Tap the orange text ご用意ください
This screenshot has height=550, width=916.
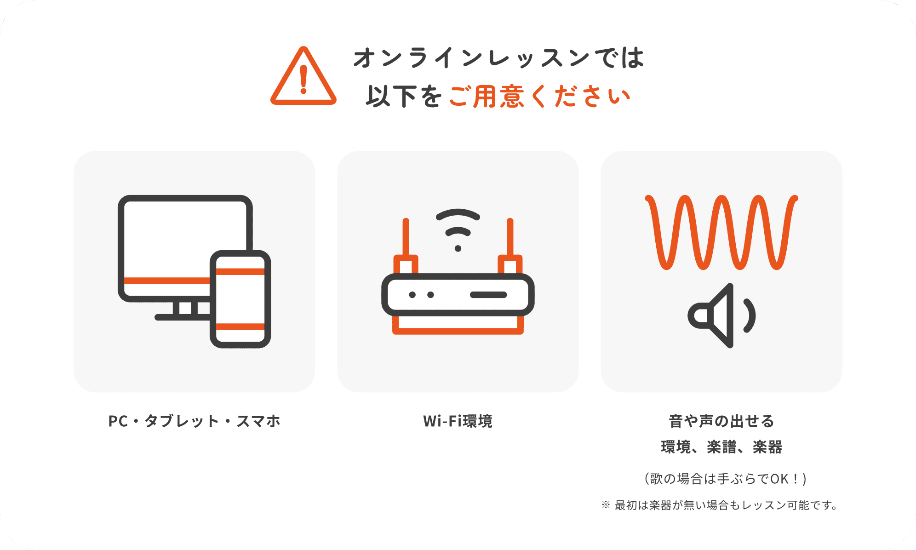pyautogui.click(x=539, y=97)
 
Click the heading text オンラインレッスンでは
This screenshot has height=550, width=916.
pyautogui.click(x=498, y=58)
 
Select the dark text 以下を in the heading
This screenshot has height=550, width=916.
pyautogui.click(x=404, y=97)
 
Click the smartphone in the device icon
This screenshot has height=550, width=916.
pyautogui.click(x=240, y=299)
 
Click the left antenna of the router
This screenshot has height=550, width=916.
pyautogui.click(x=406, y=239)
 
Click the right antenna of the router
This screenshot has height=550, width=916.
pyautogui.click(x=510, y=239)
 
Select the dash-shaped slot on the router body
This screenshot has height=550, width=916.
pyautogui.click(x=488, y=295)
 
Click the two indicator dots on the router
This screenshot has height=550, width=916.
pyautogui.click(x=421, y=295)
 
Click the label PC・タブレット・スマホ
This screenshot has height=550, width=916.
pyautogui.click(x=194, y=421)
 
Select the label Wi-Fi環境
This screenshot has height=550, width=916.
pyautogui.click(x=458, y=421)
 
